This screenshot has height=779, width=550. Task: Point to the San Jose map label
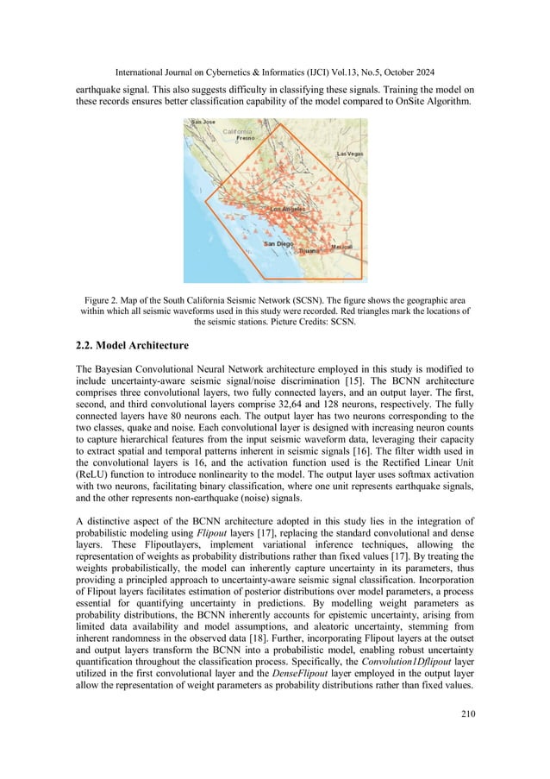pos(202,123)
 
